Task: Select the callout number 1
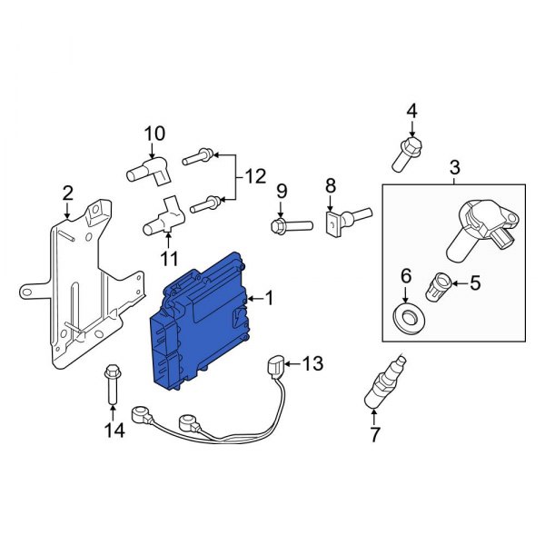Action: point(268,297)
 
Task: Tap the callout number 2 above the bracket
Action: point(68,193)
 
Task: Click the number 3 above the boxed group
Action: point(455,167)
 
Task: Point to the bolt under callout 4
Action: point(407,154)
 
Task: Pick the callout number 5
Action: point(473,284)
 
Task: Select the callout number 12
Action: point(256,176)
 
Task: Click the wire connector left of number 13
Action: point(274,369)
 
